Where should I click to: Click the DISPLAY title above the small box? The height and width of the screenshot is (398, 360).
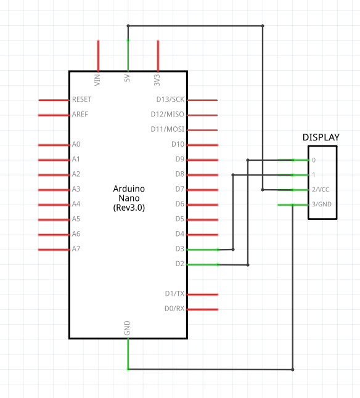point(321,137)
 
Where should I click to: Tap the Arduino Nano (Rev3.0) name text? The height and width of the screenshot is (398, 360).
point(129,198)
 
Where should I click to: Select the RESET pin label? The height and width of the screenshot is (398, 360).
point(82,99)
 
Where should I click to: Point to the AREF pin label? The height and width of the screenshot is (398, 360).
point(80,114)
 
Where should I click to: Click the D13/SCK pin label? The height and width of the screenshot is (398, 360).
point(170,99)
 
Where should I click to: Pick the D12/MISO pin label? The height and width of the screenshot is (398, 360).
point(168,114)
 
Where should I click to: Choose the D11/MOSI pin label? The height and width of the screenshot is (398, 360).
point(168,129)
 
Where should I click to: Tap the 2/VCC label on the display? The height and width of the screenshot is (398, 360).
point(321,189)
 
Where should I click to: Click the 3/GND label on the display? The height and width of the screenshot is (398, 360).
point(322,204)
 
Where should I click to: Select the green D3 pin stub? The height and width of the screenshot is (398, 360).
point(203,250)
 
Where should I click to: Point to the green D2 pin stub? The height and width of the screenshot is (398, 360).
point(203,265)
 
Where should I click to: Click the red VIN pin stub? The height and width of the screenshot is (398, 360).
point(98,56)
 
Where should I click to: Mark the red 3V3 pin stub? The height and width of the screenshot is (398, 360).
point(158,56)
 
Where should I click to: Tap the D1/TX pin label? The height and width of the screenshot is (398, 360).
point(174,294)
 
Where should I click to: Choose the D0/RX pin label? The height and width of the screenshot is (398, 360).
point(174,309)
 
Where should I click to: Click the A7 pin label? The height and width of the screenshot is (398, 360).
point(76,249)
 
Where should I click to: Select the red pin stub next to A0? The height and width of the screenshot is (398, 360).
point(54,145)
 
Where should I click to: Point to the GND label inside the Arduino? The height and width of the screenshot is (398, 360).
point(127,328)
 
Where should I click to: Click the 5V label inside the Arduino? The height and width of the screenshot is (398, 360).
point(127,78)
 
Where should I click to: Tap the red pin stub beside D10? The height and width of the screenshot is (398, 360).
point(203,145)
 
